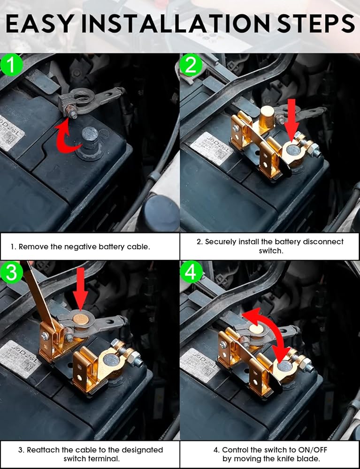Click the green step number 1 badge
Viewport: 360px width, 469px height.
pos(12,65)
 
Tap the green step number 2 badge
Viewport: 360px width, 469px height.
pos(191,65)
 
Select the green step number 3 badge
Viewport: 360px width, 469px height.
pos(11,272)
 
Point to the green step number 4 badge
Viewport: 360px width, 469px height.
pos(191,272)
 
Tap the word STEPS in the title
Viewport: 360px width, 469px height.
pos(316,24)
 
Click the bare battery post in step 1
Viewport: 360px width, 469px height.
pos(89,141)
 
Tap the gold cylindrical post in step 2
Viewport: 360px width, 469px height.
pos(266,117)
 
